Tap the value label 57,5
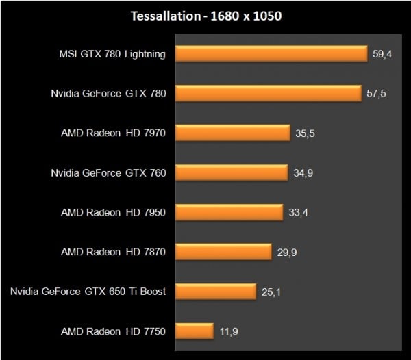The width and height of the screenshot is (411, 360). (x=377, y=94)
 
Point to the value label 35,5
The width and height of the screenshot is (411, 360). (x=306, y=133)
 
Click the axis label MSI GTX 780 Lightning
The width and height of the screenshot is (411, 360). (x=112, y=54)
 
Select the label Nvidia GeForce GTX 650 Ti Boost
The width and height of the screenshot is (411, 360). (x=88, y=292)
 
